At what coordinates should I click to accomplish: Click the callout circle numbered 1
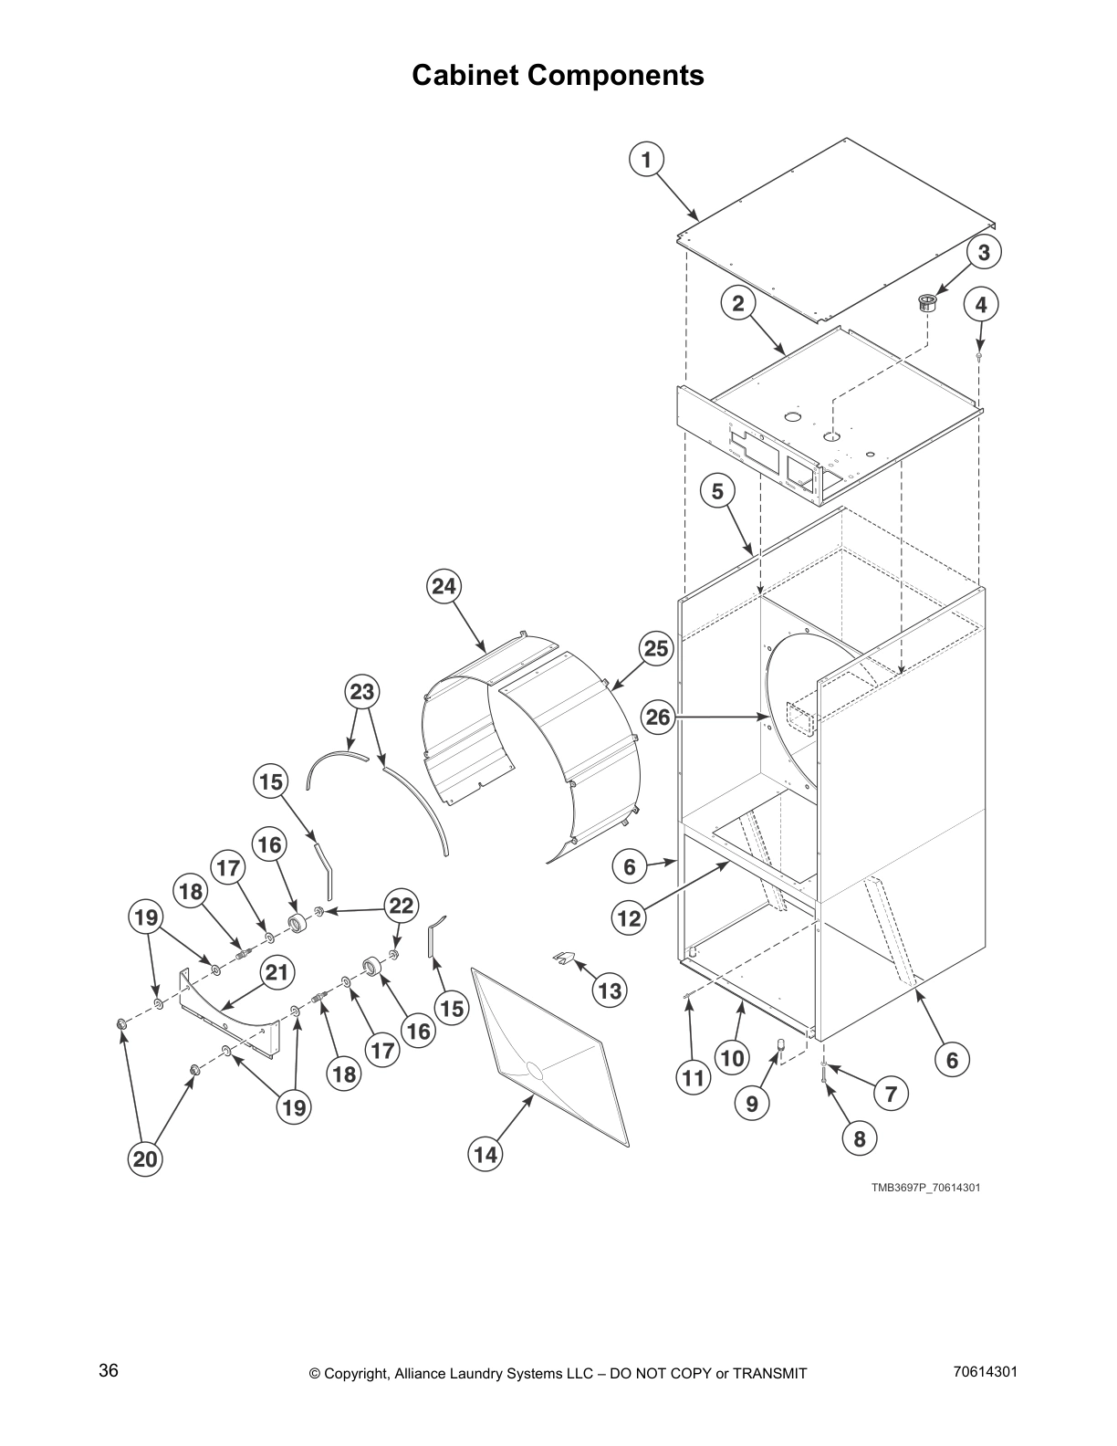tap(646, 161)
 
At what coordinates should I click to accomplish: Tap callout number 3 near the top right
tap(983, 253)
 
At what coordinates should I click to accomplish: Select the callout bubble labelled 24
tap(444, 586)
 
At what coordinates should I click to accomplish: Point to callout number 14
tap(485, 1155)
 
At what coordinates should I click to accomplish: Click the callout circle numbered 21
tap(276, 973)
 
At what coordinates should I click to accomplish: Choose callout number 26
tap(658, 718)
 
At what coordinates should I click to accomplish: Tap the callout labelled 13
tap(609, 990)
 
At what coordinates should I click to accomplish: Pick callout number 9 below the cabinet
tap(751, 1104)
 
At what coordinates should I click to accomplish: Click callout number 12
tap(629, 917)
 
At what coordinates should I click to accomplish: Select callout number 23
tap(362, 692)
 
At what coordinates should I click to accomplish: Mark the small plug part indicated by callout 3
tap(927, 302)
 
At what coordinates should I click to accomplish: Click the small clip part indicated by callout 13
tap(567, 958)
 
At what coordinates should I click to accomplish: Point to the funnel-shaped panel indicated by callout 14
tap(548, 1050)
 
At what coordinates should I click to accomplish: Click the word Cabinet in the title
tap(465, 75)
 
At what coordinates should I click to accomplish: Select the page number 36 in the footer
tap(109, 1371)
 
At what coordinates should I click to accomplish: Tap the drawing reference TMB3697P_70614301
tap(925, 1188)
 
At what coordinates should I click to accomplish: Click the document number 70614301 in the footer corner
tap(985, 1371)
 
